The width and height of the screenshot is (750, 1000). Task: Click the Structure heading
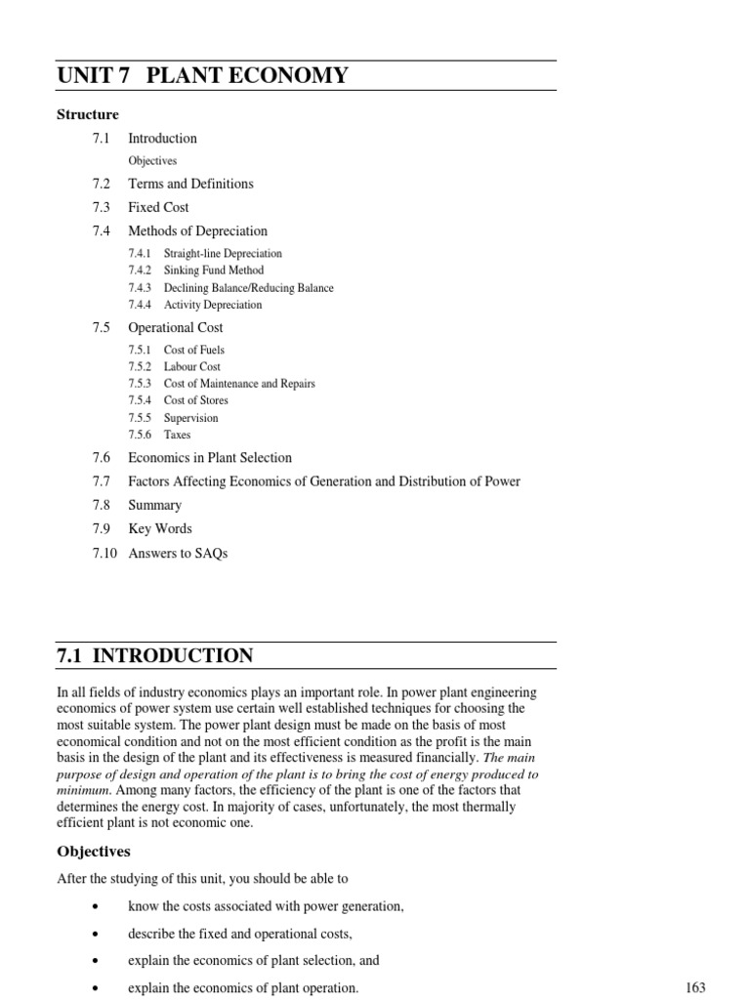(x=88, y=114)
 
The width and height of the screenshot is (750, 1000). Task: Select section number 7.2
(x=102, y=184)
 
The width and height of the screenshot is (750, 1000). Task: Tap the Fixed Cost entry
(x=158, y=207)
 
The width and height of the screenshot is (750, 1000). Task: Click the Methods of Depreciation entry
(x=197, y=230)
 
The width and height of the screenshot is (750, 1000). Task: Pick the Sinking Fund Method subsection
(x=214, y=271)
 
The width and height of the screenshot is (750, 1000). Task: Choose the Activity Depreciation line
(x=213, y=305)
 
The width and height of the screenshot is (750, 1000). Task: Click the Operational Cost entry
(x=175, y=327)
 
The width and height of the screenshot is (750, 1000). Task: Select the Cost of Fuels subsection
(x=194, y=350)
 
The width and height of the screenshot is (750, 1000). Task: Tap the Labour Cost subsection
(x=192, y=367)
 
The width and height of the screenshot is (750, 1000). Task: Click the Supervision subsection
(x=191, y=418)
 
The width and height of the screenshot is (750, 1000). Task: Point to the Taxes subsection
(x=178, y=435)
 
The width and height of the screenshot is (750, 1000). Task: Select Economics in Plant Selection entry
(x=210, y=457)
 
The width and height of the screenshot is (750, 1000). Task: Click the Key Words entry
(x=160, y=528)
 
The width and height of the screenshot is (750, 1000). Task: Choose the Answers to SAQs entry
(x=178, y=553)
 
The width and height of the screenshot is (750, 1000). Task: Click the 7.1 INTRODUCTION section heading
(x=155, y=655)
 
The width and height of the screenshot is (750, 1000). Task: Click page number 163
(x=695, y=987)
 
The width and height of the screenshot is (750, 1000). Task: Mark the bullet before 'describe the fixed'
(x=94, y=934)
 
